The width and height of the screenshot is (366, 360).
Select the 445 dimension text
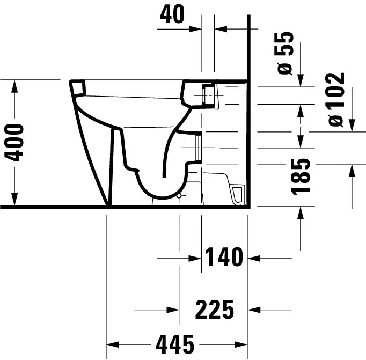point(175,342)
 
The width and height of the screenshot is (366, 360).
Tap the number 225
point(215,310)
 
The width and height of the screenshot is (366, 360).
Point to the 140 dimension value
point(223,258)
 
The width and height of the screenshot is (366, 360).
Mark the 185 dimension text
point(302,175)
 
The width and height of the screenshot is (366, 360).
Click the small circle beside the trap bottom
point(179,196)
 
